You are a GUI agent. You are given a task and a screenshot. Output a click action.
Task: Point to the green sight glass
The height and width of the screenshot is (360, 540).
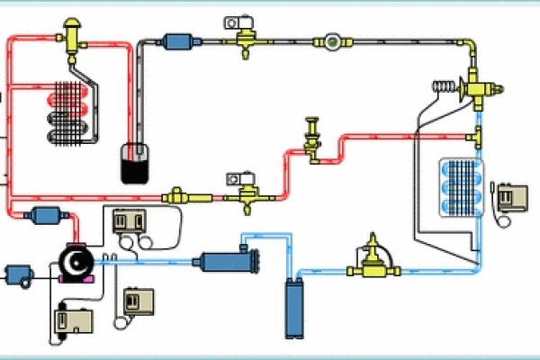tap(332, 40)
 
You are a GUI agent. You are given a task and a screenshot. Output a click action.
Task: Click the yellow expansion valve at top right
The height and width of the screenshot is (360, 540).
tap(475, 88)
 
